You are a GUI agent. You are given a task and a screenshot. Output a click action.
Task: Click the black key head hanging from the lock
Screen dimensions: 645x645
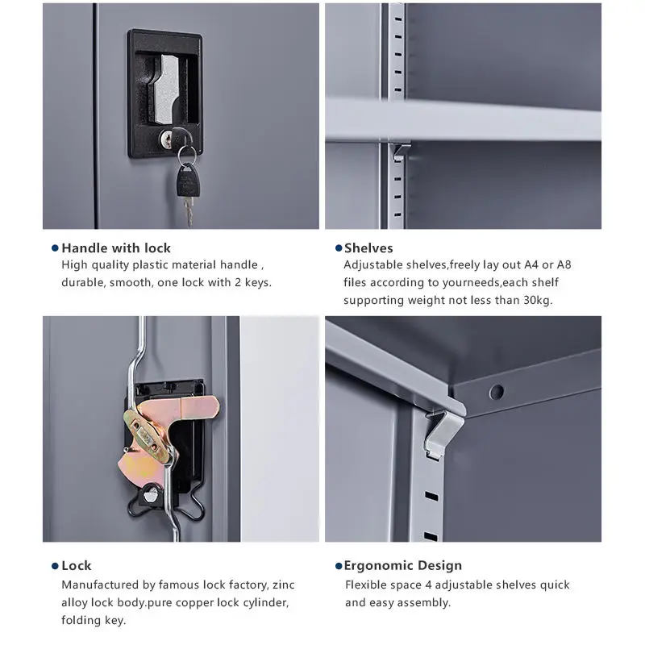coord(189,180)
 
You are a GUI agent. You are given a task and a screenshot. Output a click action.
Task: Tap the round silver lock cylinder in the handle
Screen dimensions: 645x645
coord(166,139)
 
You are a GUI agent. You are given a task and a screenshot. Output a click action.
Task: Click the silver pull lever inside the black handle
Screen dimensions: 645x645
coord(166,89)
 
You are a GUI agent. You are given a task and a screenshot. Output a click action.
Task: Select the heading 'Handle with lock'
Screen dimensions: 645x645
coord(116,248)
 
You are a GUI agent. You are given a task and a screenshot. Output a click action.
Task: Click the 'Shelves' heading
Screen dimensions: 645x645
coord(368,248)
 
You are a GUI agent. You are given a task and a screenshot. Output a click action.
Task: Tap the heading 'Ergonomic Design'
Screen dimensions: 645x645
coord(402,566)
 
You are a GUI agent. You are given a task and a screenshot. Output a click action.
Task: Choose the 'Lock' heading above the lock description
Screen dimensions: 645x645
coord(77,566)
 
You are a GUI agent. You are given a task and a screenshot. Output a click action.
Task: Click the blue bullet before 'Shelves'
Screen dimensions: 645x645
coord(339,248)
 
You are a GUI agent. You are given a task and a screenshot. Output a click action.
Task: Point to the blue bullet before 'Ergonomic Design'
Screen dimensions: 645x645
coord(339,566)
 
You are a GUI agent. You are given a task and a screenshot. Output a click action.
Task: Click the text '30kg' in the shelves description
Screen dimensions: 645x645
coord(536,300)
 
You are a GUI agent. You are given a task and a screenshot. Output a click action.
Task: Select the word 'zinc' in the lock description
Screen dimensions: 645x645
coord(284,585)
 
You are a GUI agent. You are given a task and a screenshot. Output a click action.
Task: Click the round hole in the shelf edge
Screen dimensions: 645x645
coord(497,392)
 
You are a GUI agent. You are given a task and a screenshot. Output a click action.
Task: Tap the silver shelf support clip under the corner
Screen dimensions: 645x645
coord(443,433)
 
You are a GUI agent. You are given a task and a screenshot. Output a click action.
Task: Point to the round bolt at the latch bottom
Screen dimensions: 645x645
coord(151,493)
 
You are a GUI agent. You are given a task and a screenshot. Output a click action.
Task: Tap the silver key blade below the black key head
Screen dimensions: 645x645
coord(188,211)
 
